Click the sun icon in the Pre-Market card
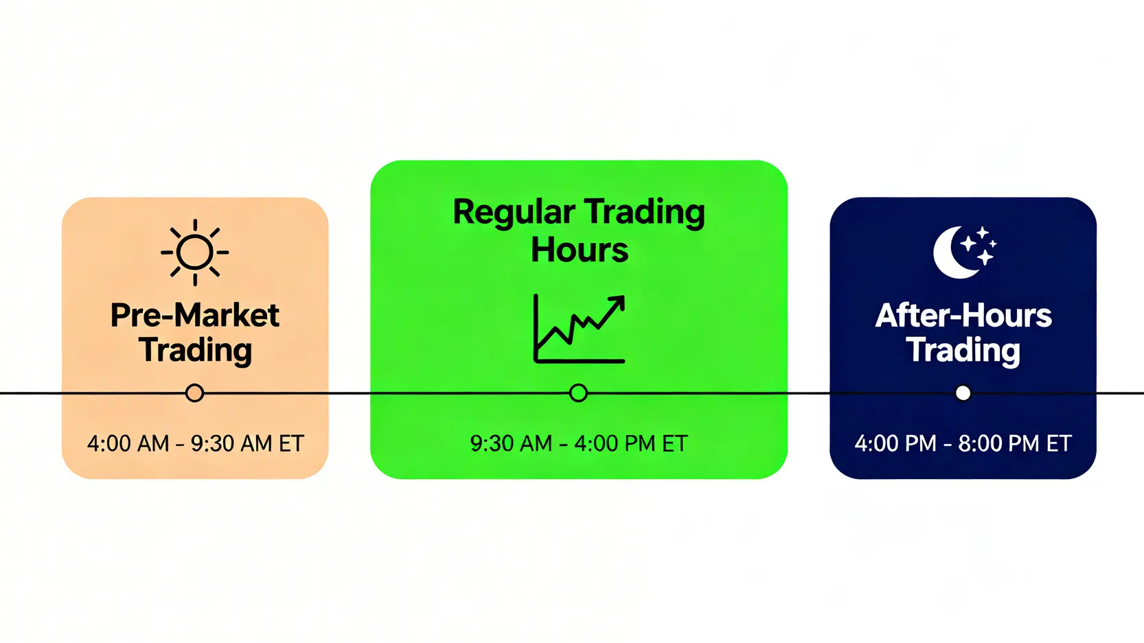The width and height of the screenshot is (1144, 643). (194, 252)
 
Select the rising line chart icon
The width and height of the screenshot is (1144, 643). (579, 329)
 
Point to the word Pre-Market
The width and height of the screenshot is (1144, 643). (194, 316)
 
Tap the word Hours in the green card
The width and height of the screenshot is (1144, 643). (579, 250)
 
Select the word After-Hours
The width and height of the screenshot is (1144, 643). (963, 316)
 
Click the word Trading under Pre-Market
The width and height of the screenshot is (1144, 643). (195, 351)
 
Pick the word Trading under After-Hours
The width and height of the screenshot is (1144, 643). (963, 351)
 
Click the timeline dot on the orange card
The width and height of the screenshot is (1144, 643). (194, 393)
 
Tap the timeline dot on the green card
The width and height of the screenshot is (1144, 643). (578, 393)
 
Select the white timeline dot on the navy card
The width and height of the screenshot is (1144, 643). (963, 393)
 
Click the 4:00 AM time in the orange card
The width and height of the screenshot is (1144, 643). (128, 443)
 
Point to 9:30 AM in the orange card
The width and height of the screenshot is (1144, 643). (232, 443)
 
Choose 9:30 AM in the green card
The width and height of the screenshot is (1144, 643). (511, 443)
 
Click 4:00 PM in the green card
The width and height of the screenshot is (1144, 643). (615, 443)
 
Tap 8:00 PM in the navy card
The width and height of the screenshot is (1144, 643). (999, 443)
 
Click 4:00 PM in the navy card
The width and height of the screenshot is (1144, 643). (895, 443)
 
